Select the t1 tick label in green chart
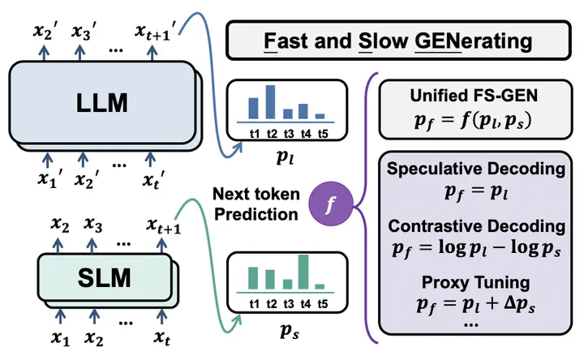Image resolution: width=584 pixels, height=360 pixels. click(x=253, y=303)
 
